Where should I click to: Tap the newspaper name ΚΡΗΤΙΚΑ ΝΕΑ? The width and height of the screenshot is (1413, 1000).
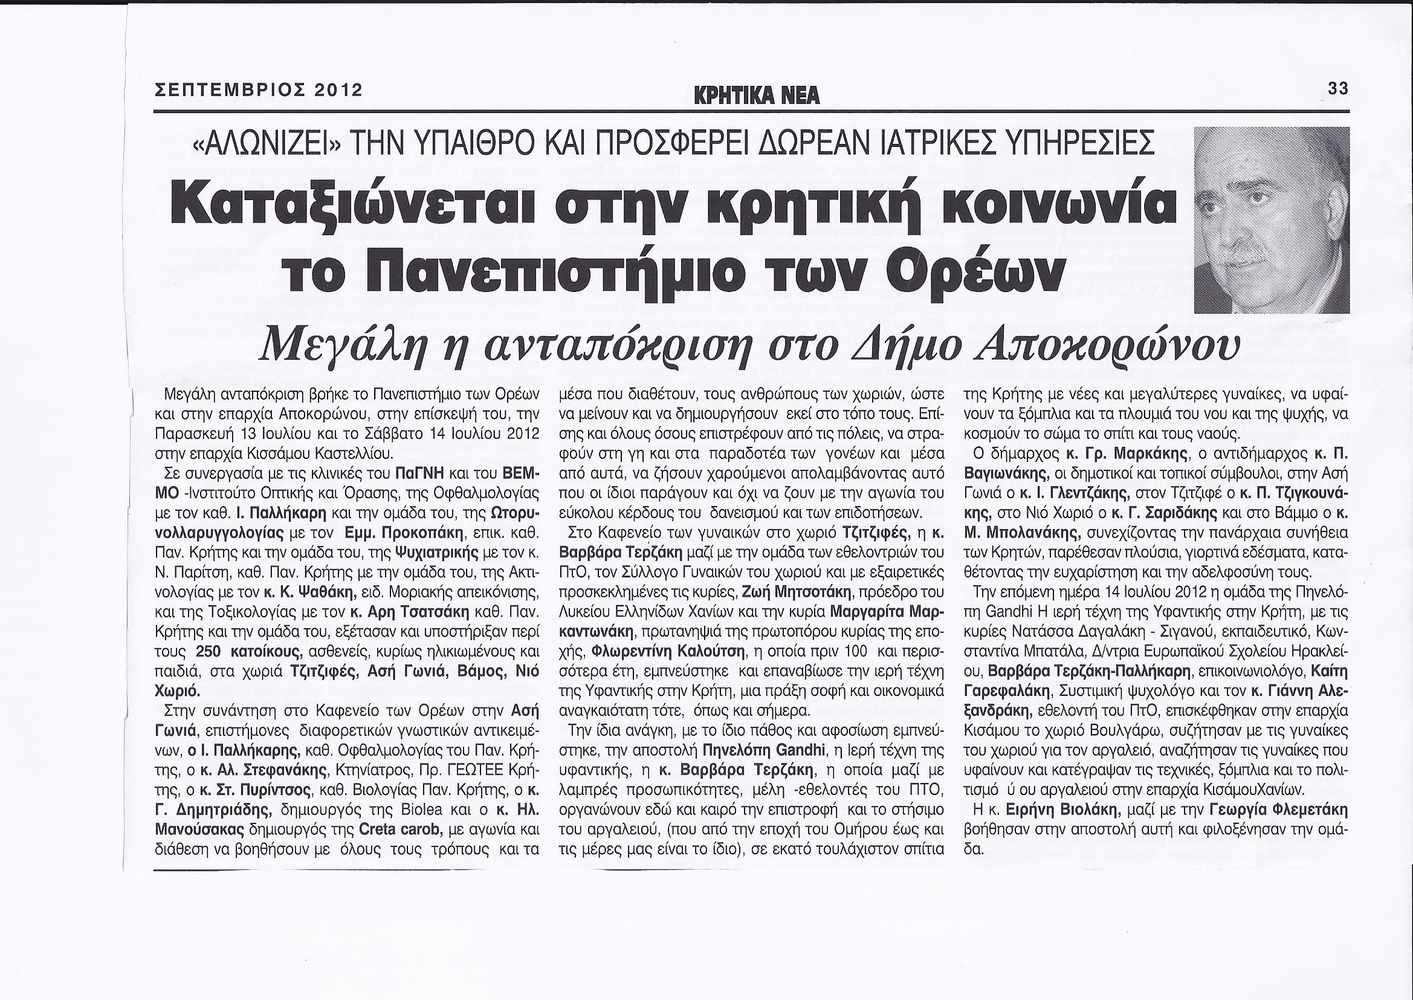click(756, 96)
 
